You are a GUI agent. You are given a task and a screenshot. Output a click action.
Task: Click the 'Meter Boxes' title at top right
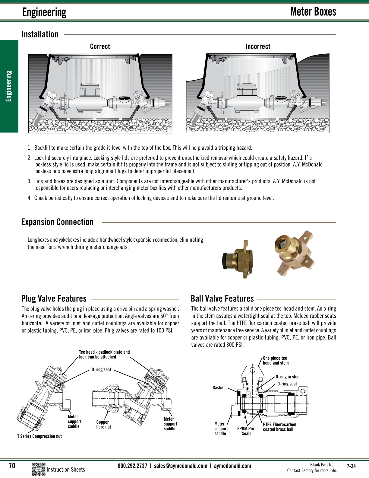tap(313, 11)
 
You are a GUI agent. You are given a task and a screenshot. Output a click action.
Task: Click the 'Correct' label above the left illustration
tap(100, 46)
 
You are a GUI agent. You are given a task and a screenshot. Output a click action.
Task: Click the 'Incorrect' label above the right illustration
tap(258, 46)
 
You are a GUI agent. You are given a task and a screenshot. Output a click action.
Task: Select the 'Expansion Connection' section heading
tap(57, 222)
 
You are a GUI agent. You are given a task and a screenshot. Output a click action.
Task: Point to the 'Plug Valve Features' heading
tap(54, 299)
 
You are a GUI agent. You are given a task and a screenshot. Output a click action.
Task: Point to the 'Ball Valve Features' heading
tap(222, 299)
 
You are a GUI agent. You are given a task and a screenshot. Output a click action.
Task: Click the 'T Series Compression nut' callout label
tap(39, 436)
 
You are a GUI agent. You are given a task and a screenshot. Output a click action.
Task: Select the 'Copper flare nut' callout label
tap(103, 425)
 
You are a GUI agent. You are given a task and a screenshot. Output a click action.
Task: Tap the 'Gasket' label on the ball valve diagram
tap(219, 388)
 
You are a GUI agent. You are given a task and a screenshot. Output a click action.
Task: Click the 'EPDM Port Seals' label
tap(246, 431)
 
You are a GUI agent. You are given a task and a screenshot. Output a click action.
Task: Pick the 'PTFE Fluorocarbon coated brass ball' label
tap(279, 427)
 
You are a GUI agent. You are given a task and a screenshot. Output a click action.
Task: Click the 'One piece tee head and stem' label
tap(275, 361)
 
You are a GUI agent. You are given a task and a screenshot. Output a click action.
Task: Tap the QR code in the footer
tap(38, 469)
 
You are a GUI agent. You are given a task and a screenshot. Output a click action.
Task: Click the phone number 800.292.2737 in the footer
tap(132, 466)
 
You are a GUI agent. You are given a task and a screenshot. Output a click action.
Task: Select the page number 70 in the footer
tap(12, 466)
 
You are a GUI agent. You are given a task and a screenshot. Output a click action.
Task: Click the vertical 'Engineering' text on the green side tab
tap(9, 86)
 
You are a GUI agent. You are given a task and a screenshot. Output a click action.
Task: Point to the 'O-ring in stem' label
tap(288, 377)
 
